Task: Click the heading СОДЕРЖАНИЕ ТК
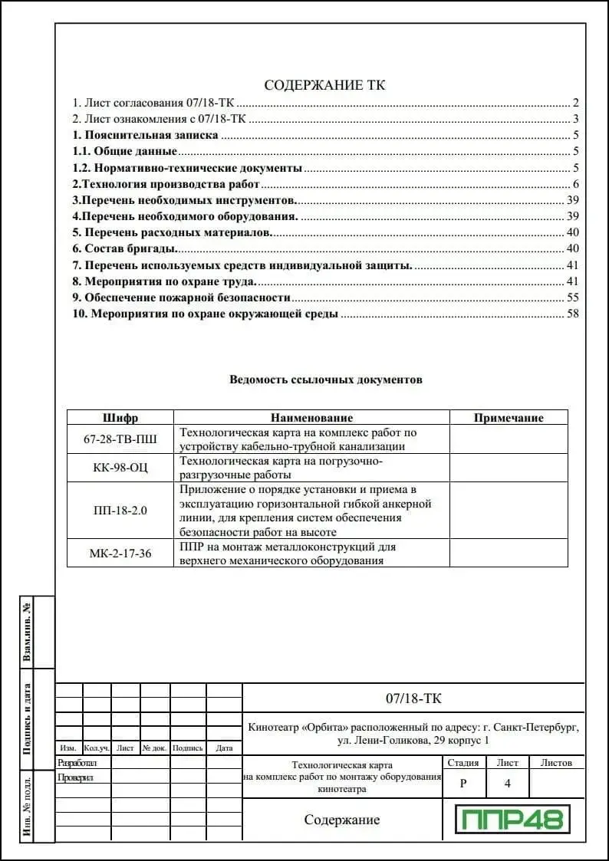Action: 324,85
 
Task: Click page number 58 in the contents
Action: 572,314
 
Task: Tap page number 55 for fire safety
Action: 572,297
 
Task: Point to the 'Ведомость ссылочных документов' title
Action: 326,380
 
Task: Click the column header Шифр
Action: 120,418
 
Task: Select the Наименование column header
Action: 311,418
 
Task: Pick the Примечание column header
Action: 509,418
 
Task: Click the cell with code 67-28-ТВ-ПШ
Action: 120,439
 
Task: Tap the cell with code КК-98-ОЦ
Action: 120,468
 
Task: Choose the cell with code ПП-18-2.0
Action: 120,511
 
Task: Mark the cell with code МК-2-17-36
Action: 120,554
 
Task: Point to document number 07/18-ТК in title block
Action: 413,698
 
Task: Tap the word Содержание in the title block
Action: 342,820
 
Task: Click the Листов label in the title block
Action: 556,763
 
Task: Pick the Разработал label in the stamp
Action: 77,763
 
